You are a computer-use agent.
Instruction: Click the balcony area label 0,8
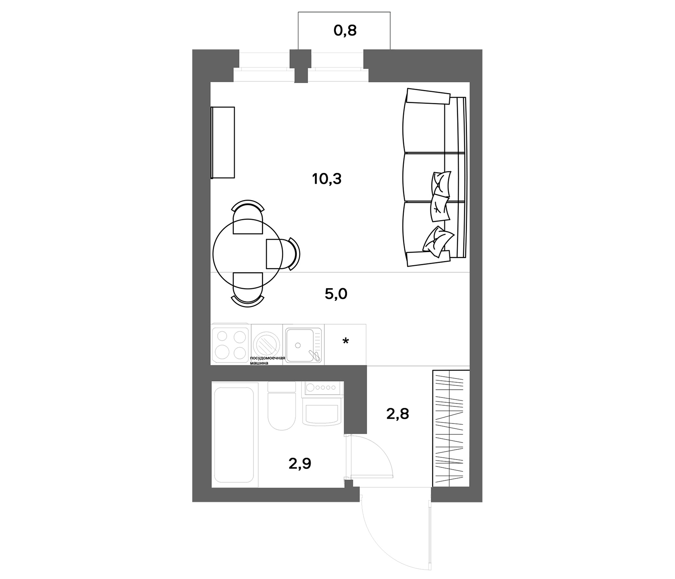click(x=345, y=31)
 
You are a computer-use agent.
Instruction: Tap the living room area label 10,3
click(x=327, y=179)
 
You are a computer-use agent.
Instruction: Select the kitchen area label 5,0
click(x=336, y=294)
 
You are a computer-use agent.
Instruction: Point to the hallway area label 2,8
click(x=397, y=414)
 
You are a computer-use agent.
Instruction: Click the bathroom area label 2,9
click(x=300, y=464)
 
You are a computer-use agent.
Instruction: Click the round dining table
click(x=248, y=254)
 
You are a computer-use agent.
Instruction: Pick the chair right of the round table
click(x=283, y=254)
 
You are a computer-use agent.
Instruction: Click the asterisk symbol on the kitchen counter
click(x=346, y=341)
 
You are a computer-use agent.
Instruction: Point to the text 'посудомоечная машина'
click(x=267, y=360)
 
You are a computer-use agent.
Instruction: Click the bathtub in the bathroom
click(x=234, y=435)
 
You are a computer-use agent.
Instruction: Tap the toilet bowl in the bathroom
click(x=282, y=411)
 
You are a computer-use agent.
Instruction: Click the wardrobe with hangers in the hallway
click(x=451, y=428)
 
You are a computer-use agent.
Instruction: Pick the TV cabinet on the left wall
click(x=223, y=142)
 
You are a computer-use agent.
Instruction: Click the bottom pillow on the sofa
click(x=438, y=242)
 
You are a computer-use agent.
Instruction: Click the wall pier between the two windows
click(x=300, y=66)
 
